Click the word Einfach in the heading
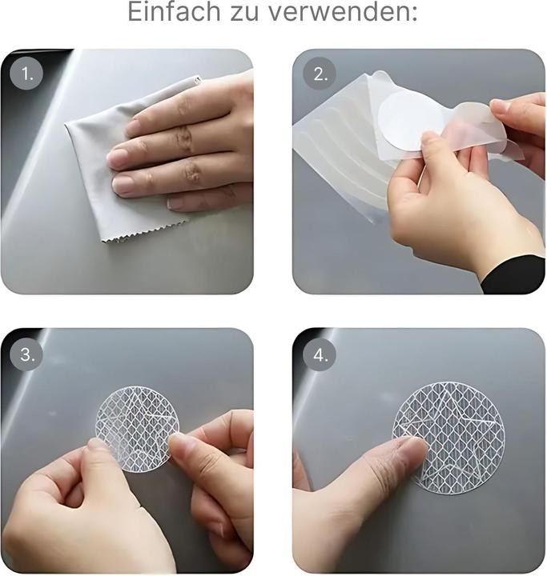tap(174, 12)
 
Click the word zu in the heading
tap(244, 14)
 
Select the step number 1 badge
tap(26, 74)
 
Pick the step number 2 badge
tap(320, 74)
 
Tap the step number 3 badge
tap(26, 354)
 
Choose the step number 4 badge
tap(320, 354)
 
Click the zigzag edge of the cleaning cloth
tap(143, 233)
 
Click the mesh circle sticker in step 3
tap(137, 429)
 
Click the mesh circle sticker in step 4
tap(448, 438)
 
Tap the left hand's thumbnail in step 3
tap(96, 446)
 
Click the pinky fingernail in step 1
tap(176, 203)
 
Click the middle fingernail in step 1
tap(123, 185)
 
